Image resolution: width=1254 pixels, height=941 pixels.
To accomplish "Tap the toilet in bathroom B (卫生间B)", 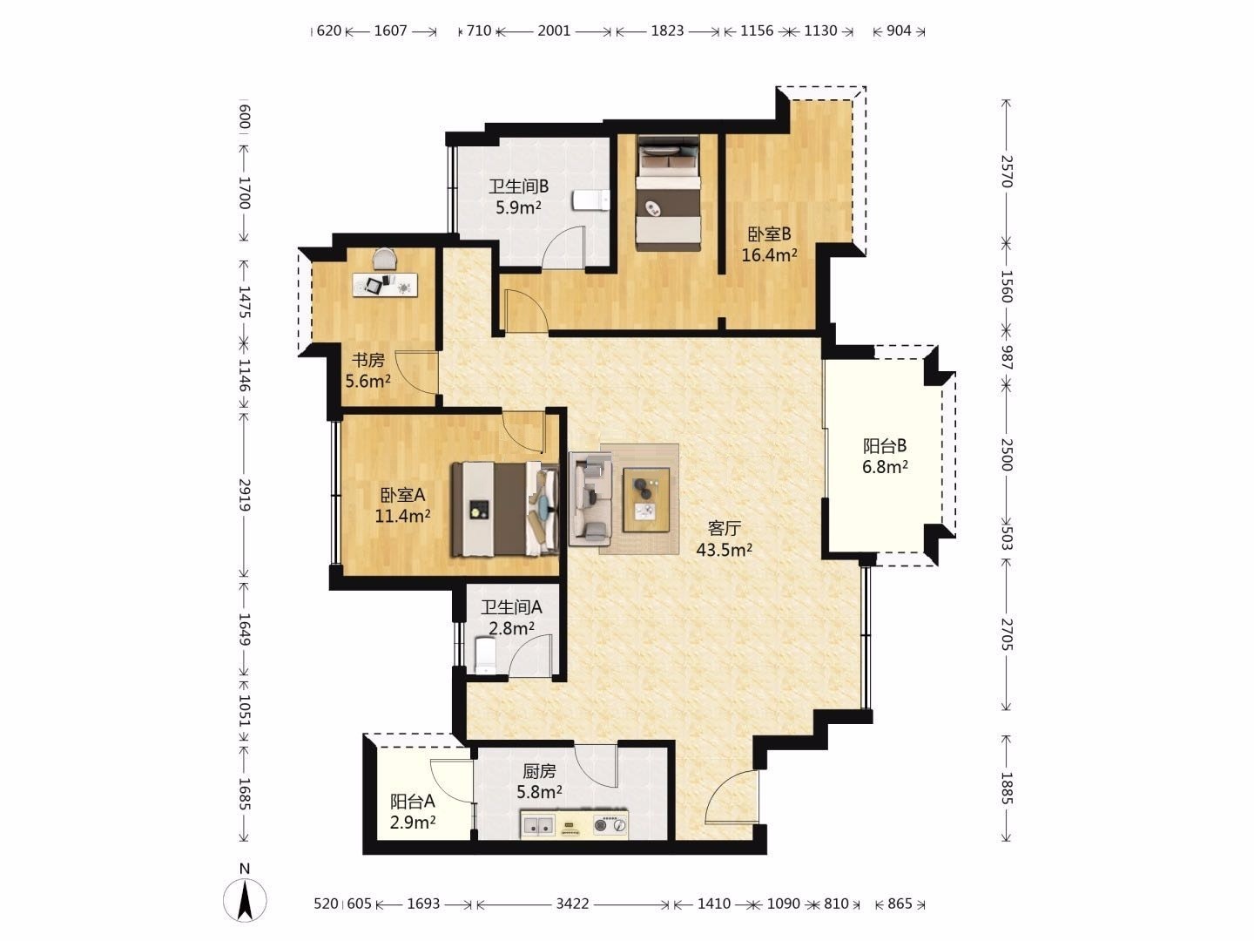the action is (x=591, y=200).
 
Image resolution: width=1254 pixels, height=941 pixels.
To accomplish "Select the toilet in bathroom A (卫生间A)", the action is (x=485, y=655).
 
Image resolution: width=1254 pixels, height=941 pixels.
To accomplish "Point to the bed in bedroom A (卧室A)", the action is (x=505, y=509).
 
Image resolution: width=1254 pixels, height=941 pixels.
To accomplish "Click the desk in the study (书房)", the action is (x=385, y=285).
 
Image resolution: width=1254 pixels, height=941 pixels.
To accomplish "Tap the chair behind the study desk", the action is (x=385, y=258).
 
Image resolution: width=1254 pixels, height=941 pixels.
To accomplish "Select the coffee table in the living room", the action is (x=646, y=500).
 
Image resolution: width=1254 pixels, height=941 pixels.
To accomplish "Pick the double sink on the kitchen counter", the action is (x=537, y=825).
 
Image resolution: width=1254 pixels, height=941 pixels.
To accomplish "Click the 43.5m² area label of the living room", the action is (x=724, y=550).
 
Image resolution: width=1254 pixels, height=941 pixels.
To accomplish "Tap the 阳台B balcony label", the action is (x=885, y=445).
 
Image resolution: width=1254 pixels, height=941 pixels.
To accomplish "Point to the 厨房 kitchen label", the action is (x=539, y=771).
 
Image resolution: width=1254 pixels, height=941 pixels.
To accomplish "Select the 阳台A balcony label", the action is (x=413, y=802).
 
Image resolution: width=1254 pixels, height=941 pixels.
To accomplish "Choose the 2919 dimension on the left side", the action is (x=245, y=495).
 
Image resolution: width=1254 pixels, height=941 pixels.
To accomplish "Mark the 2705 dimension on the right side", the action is (x=1007, y=634).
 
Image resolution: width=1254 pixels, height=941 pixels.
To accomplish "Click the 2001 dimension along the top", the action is (x=554, y=30).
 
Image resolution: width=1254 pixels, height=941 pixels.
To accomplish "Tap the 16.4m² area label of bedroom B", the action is (x=770, y=254).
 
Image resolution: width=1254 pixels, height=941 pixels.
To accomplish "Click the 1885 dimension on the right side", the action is (x=1007, y=789).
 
